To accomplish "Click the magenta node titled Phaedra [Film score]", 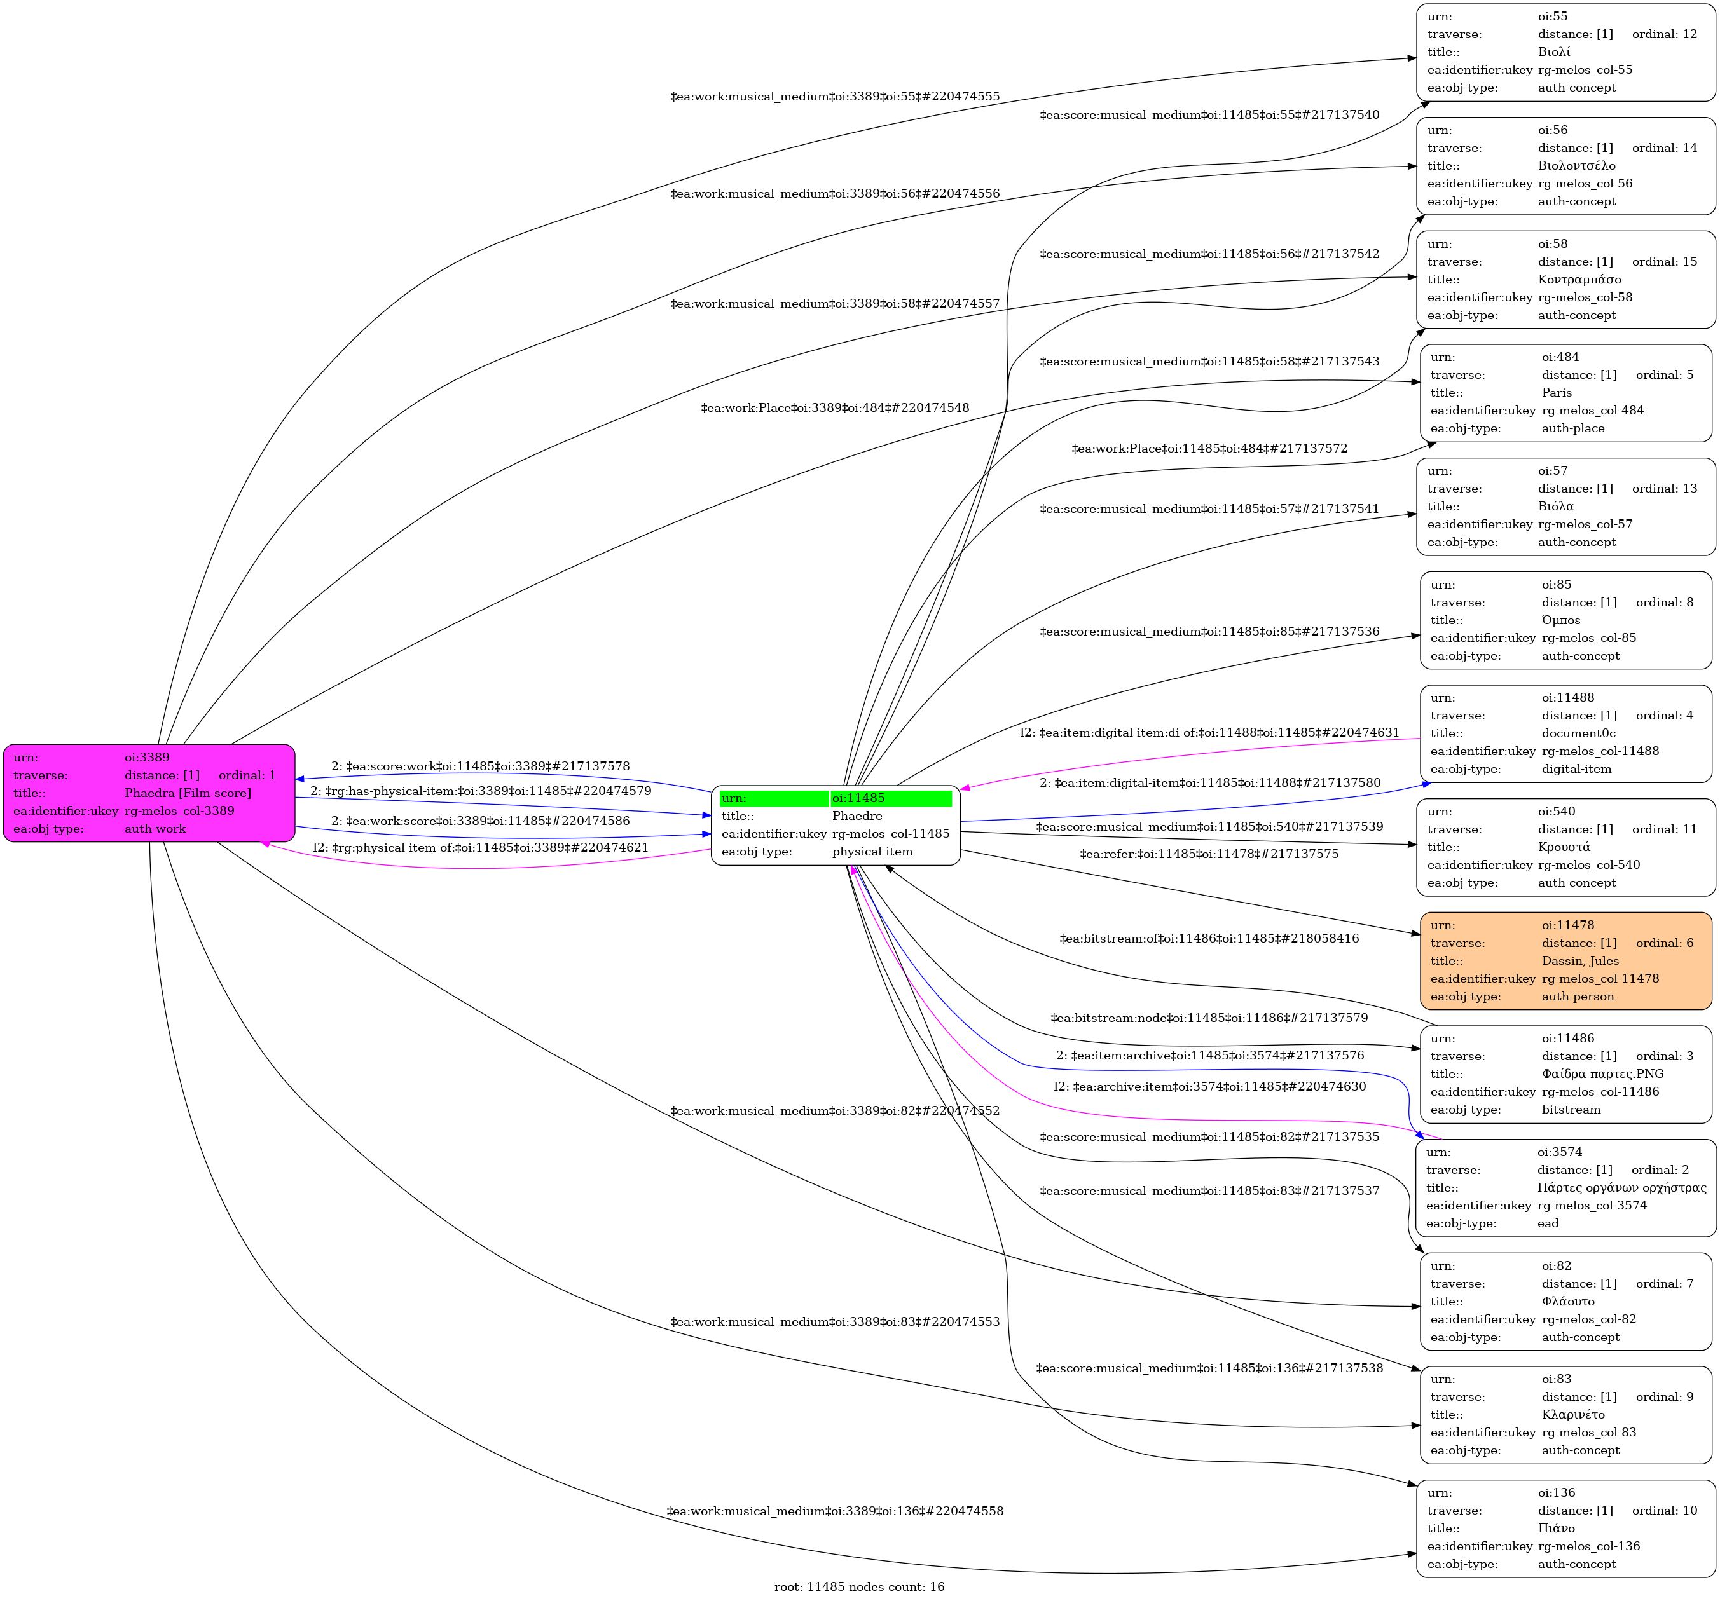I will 149,793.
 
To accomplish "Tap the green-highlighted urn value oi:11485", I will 858,798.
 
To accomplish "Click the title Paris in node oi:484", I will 1557,393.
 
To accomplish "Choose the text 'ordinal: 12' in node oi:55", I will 1664,34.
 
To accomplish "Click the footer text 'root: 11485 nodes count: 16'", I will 859,1586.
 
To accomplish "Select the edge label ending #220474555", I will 835,97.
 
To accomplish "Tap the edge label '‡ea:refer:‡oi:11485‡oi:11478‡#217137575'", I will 1209,854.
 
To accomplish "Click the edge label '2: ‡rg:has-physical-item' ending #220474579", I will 481,791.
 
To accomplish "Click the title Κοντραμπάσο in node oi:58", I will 1579,280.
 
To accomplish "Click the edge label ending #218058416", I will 1209,939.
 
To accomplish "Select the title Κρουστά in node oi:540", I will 1564,847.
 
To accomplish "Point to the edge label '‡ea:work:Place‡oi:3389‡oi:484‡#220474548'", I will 835,408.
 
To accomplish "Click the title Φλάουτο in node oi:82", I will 1568,1301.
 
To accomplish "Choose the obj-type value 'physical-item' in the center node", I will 872,852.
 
